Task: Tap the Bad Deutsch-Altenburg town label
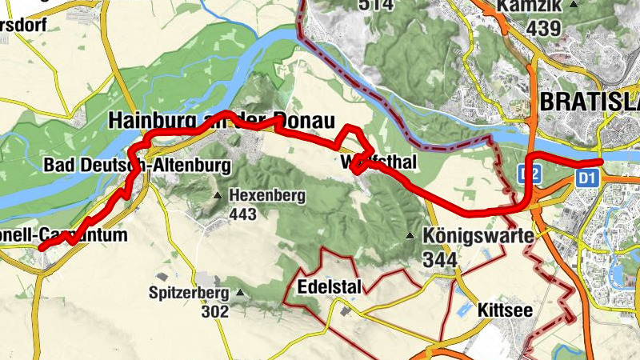pyautogui.click(x=137, y=166)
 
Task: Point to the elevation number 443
pyautogui.click(x=242, y=214)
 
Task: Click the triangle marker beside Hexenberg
pyautogui.click(x=218, y=195)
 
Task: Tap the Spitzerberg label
pyautogui.click(x=189, y=293)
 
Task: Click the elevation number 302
pyautogui.click(x=215, y=311)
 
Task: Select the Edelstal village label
pyautogui.click(x=330, y=287)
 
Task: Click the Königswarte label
pyautogui.click(x=468, y=237)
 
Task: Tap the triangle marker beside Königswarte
pyautogui.click(x=410, y=236)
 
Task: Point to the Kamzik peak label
pyautogui.click(x=534, y=7)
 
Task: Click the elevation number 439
pyautogui.click(x=545, y=28)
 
